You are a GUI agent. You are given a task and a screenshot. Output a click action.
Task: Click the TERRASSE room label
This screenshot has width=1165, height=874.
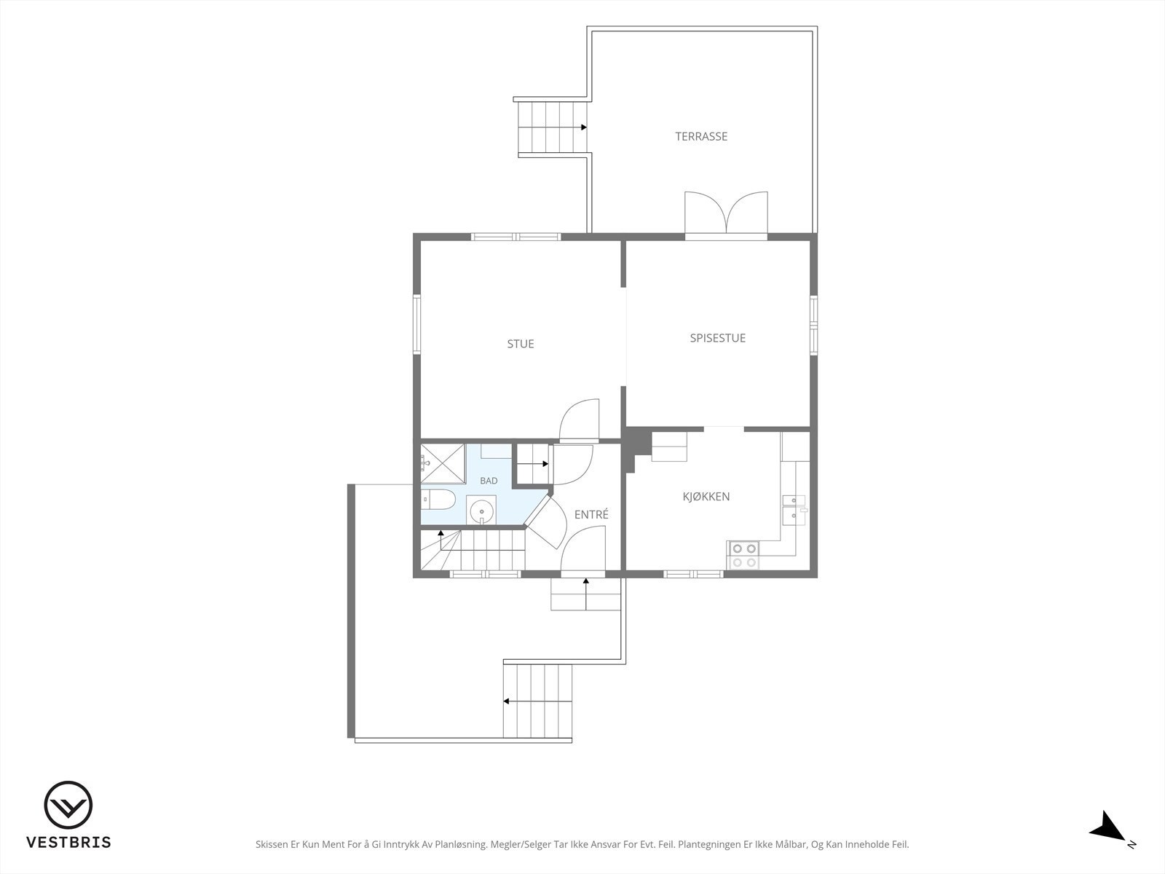pyautogui.click(x=701, y=136)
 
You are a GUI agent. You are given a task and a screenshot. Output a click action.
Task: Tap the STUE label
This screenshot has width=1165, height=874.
pyautogui.click(x=520, y=344)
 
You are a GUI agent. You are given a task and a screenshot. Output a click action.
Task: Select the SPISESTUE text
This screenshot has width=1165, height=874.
pyautogui.click(x=718, y=338)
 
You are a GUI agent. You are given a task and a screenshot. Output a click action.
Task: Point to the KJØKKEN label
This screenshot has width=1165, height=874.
pyautogui.click(x=706, y=496)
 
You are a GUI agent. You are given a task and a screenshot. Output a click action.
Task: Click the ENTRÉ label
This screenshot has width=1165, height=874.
pyautogui.click(x=591, y=514)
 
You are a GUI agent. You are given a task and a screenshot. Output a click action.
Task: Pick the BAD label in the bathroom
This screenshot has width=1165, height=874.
pyautogui.click(x=489, y=481)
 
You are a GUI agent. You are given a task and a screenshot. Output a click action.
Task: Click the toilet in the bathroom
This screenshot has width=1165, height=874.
pyautogui.click(x=438, y=500)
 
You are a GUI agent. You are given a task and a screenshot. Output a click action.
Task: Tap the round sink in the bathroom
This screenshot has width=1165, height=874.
pyautogui.click(x=481, y=511)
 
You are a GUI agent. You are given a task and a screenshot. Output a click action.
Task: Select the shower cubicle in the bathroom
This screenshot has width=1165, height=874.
pyautogui.click(x=443, y=463)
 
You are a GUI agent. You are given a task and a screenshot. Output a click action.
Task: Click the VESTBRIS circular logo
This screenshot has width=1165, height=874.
pyautogui.click(x=68, y=806)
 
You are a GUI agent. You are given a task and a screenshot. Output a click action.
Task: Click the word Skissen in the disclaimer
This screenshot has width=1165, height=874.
pyautogui.click(x=272, y=844)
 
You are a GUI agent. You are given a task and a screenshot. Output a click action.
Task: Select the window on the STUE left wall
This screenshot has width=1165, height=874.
pyautogui.click(x=417, y=325)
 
